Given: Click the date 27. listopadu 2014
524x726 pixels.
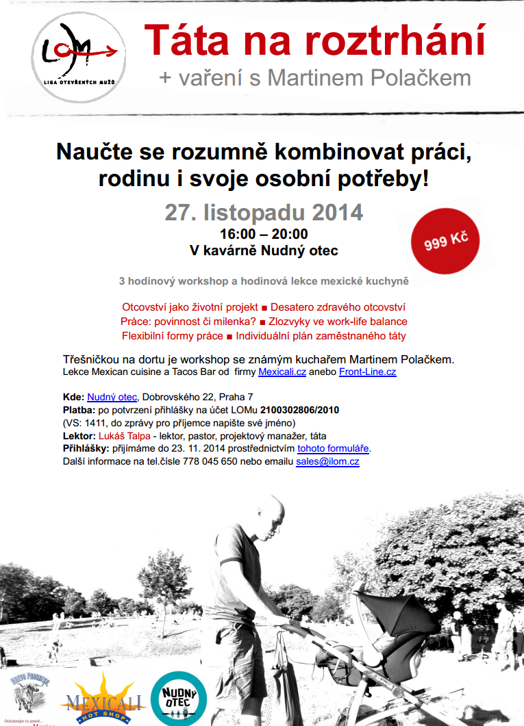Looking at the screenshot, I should (x=264, y=213).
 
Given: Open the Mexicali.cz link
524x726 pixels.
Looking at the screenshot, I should (x=282, y=372).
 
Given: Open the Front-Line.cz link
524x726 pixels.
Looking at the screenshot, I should (x=367, y=372).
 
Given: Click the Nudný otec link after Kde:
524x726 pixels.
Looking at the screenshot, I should (x=112, y=397).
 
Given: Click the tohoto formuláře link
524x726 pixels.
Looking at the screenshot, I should (x=333, y=449).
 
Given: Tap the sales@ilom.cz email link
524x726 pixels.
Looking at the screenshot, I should (x=327, y=462).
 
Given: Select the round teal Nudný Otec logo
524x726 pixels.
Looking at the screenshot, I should (x=179, y=698).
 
